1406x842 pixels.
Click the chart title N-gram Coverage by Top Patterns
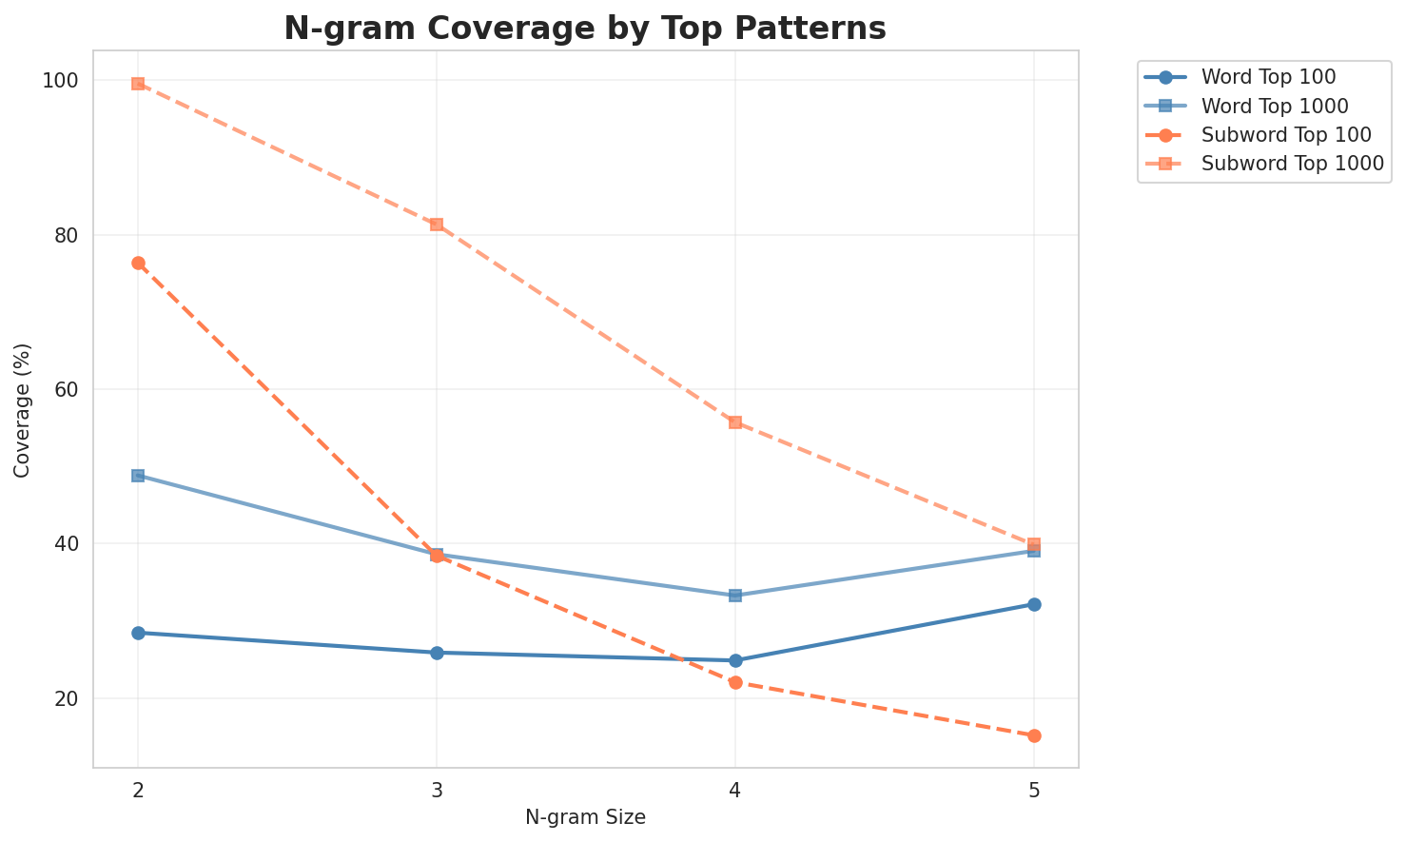[x=585, y=29]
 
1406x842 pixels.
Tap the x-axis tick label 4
[x=735, y=790]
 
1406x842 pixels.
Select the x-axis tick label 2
[x=138, y=790]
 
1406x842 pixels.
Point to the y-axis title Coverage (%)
[x=22, y=409]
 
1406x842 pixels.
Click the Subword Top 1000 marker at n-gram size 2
[x=138, y=84]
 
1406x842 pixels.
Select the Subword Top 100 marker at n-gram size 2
[x=138, y=263]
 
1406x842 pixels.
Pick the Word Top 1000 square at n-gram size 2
[x=138, y=476]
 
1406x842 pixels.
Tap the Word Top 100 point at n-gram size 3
[x=437, y=653]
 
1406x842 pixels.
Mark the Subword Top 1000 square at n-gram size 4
[x=735, y=422]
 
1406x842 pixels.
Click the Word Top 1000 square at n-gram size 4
[x=735, y=596]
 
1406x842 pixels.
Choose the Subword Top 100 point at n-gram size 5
[x=1034, y=735]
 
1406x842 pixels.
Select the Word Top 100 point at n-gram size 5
[x=1034, y=604]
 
